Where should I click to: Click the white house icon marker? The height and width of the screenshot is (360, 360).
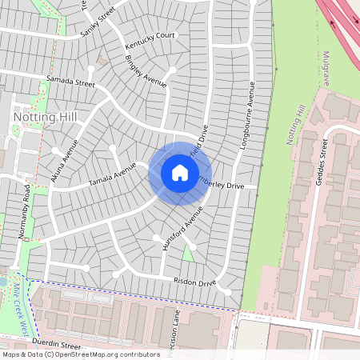click(x=180, y=173)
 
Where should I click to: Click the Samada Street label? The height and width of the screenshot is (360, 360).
click(x=70, y=82)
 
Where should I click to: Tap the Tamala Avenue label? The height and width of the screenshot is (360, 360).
click(x=113, y=173)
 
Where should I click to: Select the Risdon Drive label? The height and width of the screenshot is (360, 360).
click(x=194, y=282)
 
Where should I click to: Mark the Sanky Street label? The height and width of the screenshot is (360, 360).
click(x=98, y=26)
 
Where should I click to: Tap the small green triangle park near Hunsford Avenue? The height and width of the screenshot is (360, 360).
click(x=188, y=254)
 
